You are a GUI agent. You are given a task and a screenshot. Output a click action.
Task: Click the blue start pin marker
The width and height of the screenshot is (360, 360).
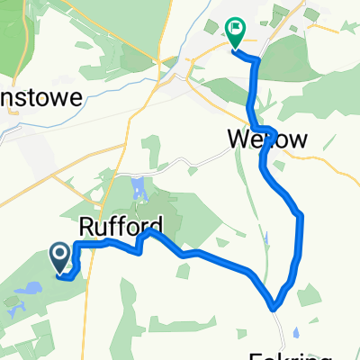(60, 258)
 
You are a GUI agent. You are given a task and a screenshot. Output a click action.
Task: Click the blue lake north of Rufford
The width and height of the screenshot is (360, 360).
(137, 189)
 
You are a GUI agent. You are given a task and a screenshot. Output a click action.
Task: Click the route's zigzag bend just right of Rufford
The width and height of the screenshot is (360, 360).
(143, 243)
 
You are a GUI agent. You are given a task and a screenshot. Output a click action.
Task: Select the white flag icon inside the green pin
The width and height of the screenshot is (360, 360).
(235, 30)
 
